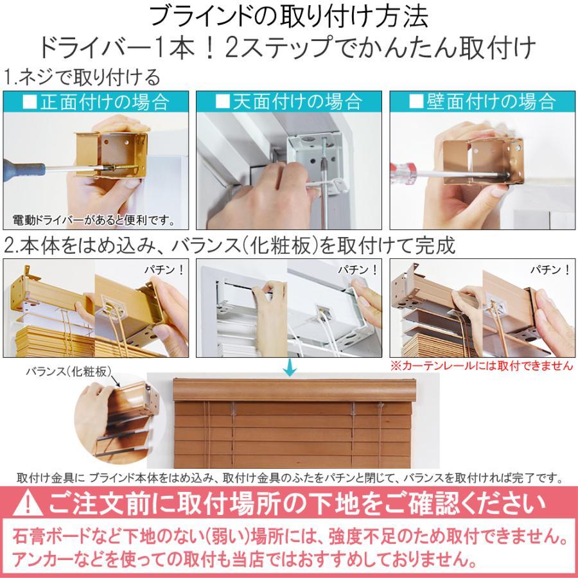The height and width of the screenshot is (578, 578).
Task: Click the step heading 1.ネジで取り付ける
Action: pyautogui.click(x=82, y=78)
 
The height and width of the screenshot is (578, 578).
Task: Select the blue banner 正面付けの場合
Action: pyautogui.click(x=96, y=101)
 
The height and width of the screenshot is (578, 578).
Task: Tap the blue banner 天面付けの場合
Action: pyautogui.click(x=288, y=101)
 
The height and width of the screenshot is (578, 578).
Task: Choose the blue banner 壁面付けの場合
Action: pyautogui.click(x=482, y=101)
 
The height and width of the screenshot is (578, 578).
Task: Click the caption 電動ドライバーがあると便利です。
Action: pyautogui.click(x=94, y=221)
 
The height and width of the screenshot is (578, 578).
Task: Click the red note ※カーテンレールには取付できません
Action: pyautogui.click(x=481, y=365)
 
